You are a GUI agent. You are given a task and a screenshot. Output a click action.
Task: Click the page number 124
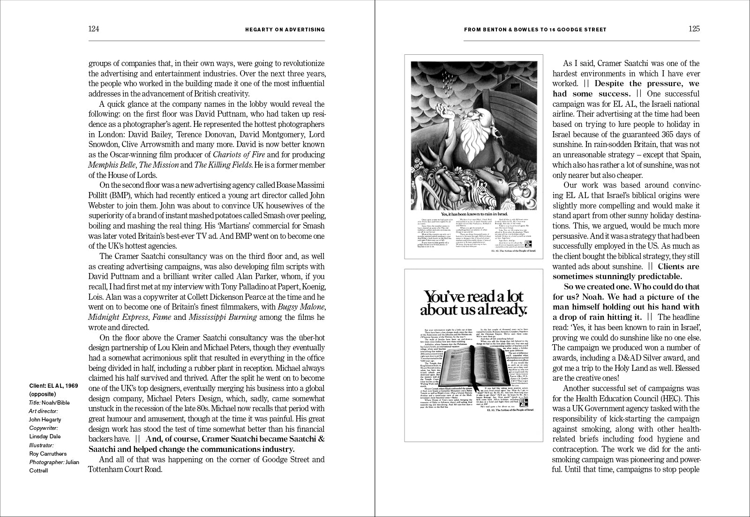[x=94, y=29]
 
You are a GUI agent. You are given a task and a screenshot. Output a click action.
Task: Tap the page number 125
[x=694, y=29]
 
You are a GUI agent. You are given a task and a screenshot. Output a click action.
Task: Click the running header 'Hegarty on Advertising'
[x=285, y=30]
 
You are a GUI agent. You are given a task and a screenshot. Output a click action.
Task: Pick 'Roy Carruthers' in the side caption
[x=48, y=454]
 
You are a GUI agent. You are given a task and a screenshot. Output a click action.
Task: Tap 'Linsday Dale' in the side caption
[x=45, y=436]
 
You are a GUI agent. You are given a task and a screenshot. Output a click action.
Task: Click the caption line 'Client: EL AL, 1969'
[x=53, y=385]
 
